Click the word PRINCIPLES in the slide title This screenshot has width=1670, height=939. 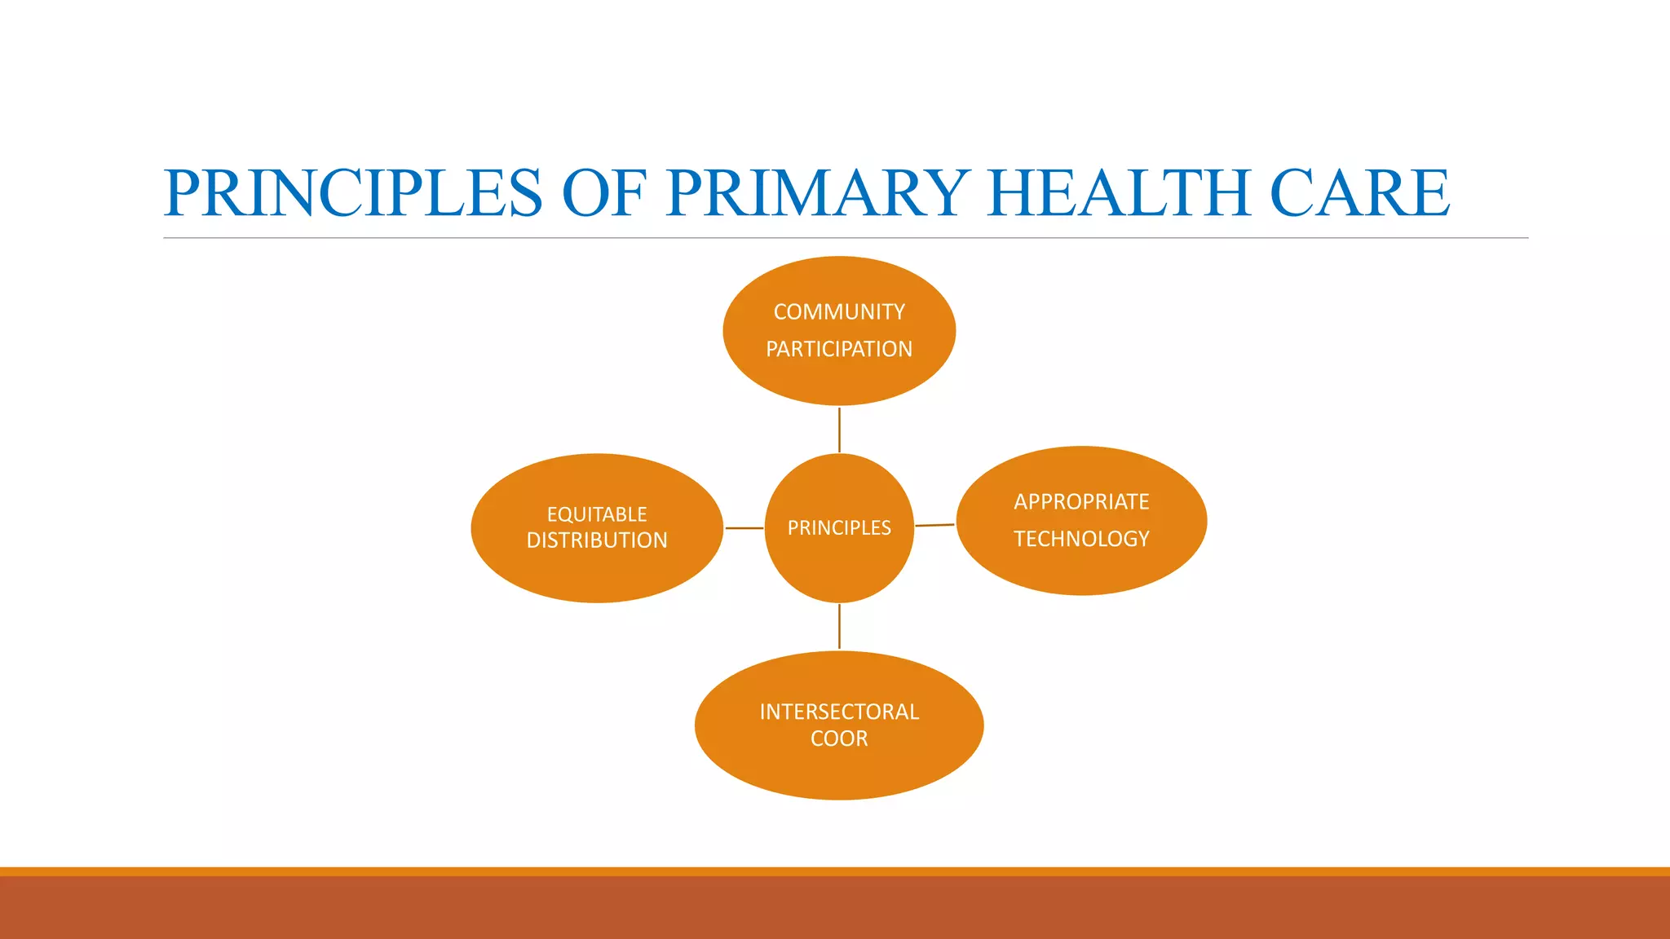(x=352, y=193)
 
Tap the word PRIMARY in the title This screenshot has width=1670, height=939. (x=817, y=193)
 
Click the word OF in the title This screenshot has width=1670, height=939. (x=603, y=193)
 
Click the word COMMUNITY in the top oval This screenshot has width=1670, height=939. (x=839, y=312)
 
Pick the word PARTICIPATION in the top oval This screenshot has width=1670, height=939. (x=839, y=350)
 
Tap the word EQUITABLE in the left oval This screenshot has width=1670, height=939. (x=597, y=514)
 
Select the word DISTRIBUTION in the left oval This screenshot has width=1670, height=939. (x=597, y=540)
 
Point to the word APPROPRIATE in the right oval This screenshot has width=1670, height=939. (x=1081, y=501)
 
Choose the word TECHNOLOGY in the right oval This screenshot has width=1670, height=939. (x=1081, y=539)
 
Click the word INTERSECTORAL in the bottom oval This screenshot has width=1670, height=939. (x=839, y=712)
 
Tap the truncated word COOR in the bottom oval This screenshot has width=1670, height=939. (x=839, y=738)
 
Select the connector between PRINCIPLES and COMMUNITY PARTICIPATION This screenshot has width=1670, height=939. (x=839, y=430)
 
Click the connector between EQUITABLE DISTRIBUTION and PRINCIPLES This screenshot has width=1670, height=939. (x=744, y=528)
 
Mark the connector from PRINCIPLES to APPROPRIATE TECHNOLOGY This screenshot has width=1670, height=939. (x=934, y=525)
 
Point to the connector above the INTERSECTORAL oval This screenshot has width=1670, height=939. (x=839, y=626)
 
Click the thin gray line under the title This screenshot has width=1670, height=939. (x=845, y=238)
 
